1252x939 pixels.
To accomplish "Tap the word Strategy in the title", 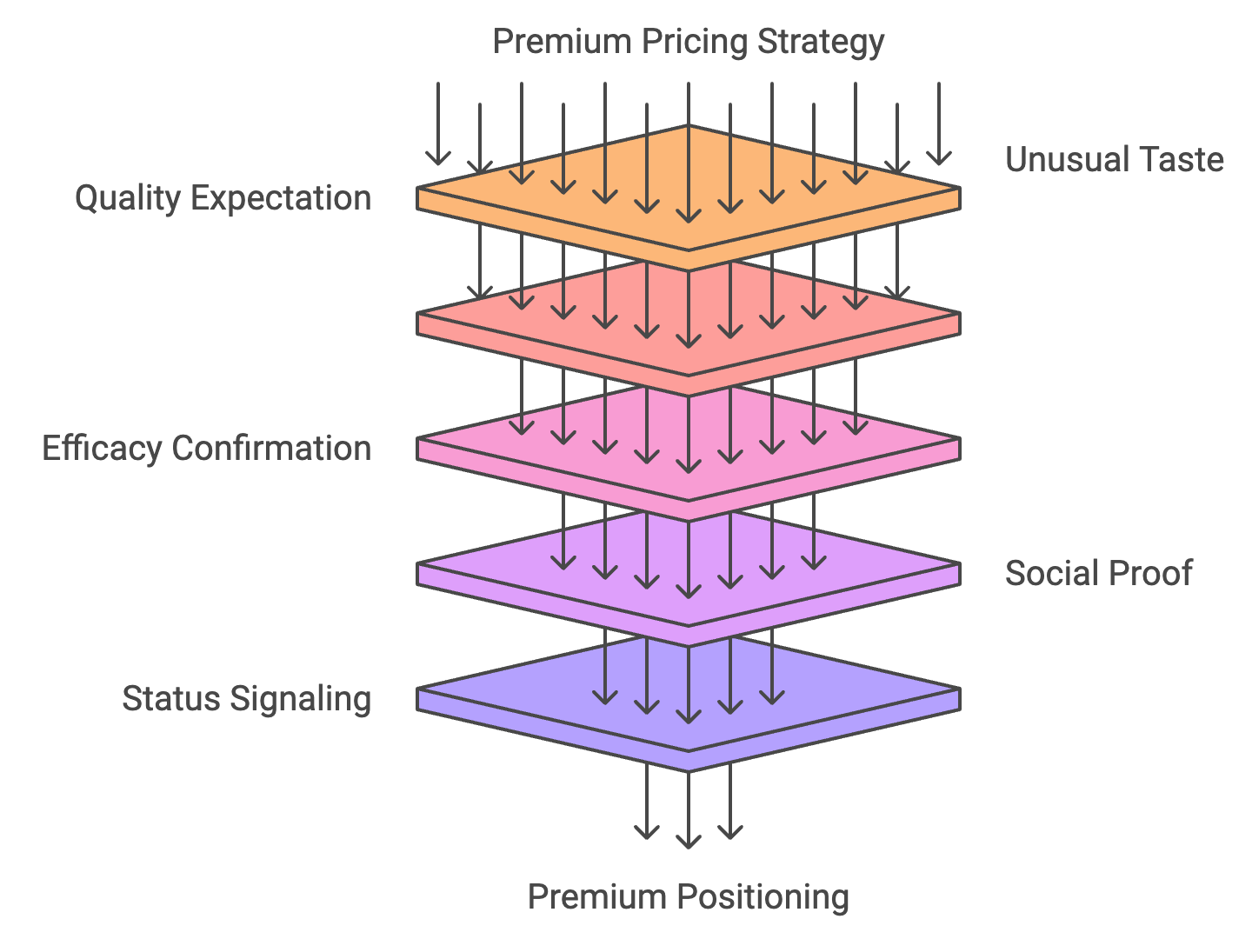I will [821, 42].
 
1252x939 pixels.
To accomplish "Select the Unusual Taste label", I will [1114, 160].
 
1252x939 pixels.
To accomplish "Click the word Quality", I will [127, 198].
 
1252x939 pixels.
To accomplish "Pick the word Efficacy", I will [102, 449].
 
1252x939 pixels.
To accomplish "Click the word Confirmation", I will [271, 449].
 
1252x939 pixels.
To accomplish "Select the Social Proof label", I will [1098, 574].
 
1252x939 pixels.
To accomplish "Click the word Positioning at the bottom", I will [763, 897].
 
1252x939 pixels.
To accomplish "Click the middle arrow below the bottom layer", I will [689, 809].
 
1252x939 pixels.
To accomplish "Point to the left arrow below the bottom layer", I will [647, 804].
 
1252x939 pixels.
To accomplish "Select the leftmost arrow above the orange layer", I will [438, 122].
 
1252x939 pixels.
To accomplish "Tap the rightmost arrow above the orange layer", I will [939, 122].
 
